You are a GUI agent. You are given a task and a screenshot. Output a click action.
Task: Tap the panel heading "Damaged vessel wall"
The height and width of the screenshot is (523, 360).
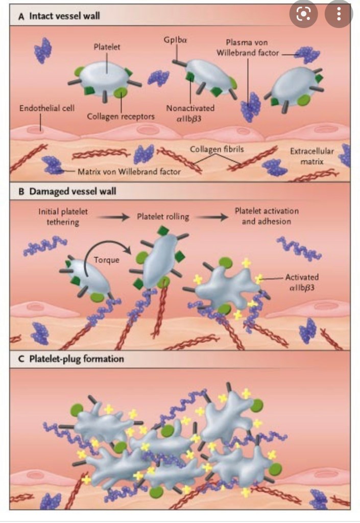pyautogui.click(x=69, y=193)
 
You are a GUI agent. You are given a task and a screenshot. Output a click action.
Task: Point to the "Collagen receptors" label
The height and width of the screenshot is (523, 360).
pyautogui.click(x=121, y=116)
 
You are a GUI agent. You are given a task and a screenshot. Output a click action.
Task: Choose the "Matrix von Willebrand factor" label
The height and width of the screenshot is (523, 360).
pyautogui.click(x=129, y=172)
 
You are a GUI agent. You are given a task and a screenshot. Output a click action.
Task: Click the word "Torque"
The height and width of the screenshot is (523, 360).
pyautogui.click(x=106, y=259)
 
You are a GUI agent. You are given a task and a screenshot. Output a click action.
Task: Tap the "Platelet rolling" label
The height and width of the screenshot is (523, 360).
pyautogui.click(x=163, y=217)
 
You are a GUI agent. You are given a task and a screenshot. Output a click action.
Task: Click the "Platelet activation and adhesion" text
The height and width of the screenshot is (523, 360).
pyautogui.click(x=267, y=216)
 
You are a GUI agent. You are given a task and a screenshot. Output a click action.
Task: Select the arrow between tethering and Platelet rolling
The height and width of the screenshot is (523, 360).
pyautogui.click(x=114, y=217)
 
